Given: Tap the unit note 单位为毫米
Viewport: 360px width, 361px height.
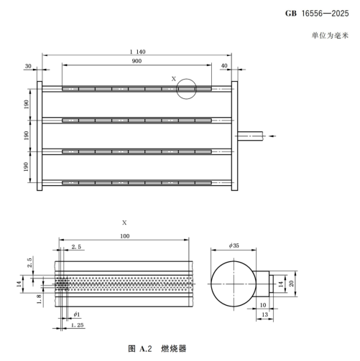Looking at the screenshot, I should [x=331, y=35].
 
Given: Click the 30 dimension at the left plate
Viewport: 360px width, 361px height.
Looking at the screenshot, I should [x=28, y=66].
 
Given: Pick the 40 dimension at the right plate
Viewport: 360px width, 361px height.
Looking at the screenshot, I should [x=223, y=66].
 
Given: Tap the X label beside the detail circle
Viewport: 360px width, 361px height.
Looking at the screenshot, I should [x=172, y=78].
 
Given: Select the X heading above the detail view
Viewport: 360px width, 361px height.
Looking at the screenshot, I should [x=124, y=223].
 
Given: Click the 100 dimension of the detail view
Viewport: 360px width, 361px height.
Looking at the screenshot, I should [x=124, y=236].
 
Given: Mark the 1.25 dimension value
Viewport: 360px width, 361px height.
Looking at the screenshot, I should [x=78, y=327].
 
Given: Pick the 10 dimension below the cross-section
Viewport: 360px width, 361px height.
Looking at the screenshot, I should [x=262, y=304].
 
